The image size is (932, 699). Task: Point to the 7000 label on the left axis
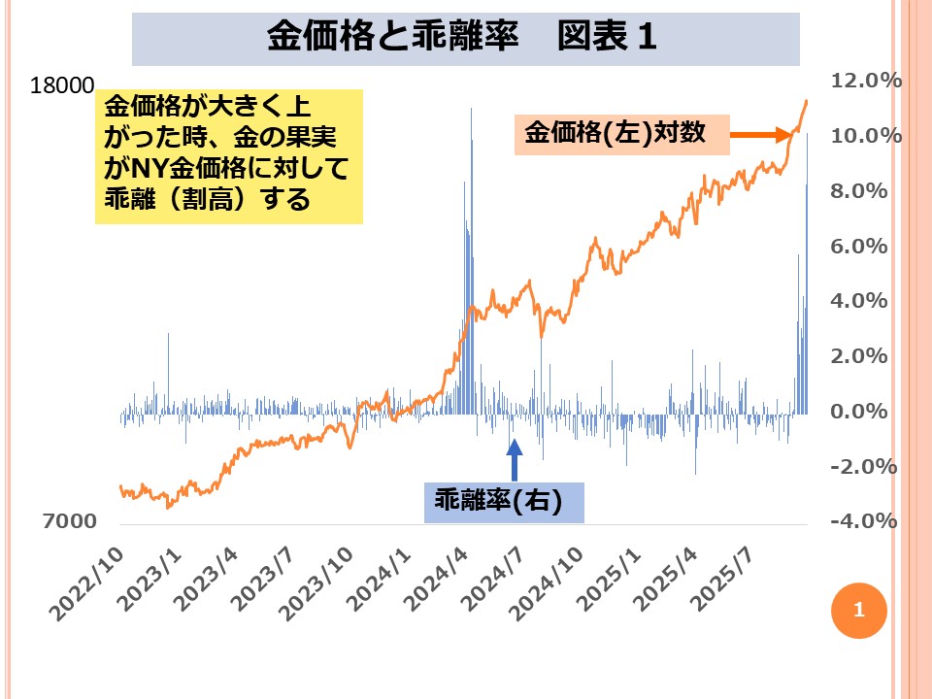point(69,521)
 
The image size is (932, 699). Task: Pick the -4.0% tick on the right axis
point(860,521)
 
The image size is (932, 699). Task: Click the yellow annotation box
point(229,156)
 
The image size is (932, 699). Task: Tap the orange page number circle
point(858,610)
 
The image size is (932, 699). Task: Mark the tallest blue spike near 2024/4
point(471,109)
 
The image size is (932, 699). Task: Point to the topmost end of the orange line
point(806,101)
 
